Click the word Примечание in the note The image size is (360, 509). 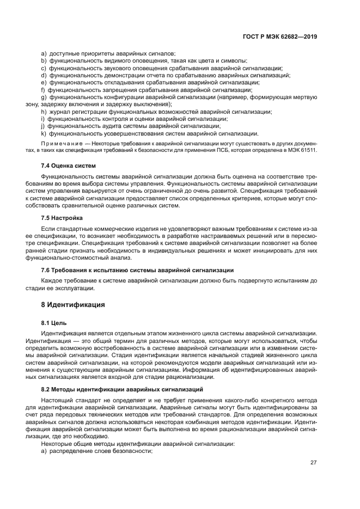coord(60,143)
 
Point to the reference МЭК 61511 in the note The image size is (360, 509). coord(304,150)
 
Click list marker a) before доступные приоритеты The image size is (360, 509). coord(44,53)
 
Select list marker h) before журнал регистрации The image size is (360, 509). coord(44,112)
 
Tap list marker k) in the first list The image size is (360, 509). coord(44,133)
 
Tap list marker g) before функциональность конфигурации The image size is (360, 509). coord(44,97)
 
